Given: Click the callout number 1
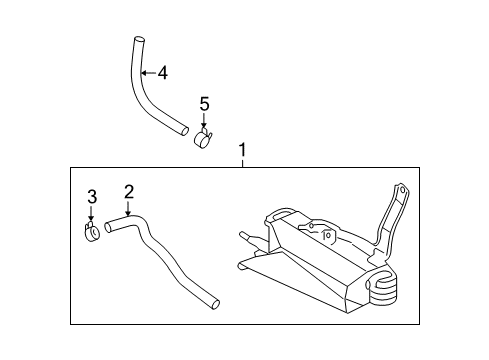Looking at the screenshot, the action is [242, 150].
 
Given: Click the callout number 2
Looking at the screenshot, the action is [129, 192].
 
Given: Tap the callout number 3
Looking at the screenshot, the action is [92, 197].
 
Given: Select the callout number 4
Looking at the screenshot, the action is [162, 73].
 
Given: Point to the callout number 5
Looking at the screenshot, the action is [204, 104].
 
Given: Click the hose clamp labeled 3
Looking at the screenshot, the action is [92, 230].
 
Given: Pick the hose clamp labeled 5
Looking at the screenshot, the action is [203, 138].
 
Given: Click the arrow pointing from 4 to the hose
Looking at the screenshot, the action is [149, 73].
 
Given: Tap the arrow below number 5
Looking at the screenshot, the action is [204, 121].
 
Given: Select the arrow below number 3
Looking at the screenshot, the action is [91, 213].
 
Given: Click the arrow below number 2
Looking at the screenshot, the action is [128, 208].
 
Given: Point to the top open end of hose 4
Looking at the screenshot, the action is [140, 39].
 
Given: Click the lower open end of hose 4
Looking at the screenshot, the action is [184, 131].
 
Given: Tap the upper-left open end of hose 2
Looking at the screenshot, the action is [107, 227].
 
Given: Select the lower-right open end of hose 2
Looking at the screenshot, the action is [216, 305].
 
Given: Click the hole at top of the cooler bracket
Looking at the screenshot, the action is [402, 191].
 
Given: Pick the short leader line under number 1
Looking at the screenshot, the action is [243, 163].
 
